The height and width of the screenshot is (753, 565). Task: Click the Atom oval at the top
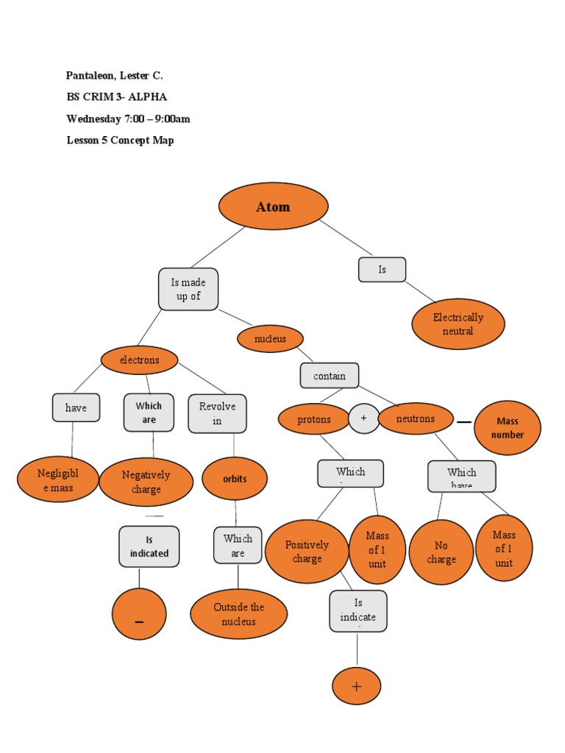click(273, 206)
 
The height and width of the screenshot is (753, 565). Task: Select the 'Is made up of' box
click(188, 289)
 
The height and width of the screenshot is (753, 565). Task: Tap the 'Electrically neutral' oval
click(458, 324)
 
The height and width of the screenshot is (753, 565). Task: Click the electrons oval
click(139, 360)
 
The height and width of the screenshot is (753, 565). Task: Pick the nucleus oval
click(271, 339)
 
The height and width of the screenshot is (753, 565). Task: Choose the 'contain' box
click(329, 376)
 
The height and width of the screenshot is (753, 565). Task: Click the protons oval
click(314, 419)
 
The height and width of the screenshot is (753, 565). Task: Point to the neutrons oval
click(415, 418)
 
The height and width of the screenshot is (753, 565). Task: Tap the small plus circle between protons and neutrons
click(363, 418)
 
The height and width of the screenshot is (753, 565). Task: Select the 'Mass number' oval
click(508, 428)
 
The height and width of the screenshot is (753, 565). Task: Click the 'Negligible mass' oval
click(57, 480)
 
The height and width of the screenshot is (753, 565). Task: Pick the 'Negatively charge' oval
click(146, 482)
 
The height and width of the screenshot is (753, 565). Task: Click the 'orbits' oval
click(235, 479)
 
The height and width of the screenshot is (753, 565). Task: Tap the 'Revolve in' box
click(217, 413)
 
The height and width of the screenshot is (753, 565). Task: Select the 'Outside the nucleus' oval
click(238, 614)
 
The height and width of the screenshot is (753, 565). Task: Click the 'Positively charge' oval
click(307, 552)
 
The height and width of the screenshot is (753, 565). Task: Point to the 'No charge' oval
click(441, 552)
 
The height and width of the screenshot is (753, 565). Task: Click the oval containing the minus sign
click(139, 614)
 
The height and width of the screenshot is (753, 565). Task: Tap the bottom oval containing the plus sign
click(357, 686)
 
